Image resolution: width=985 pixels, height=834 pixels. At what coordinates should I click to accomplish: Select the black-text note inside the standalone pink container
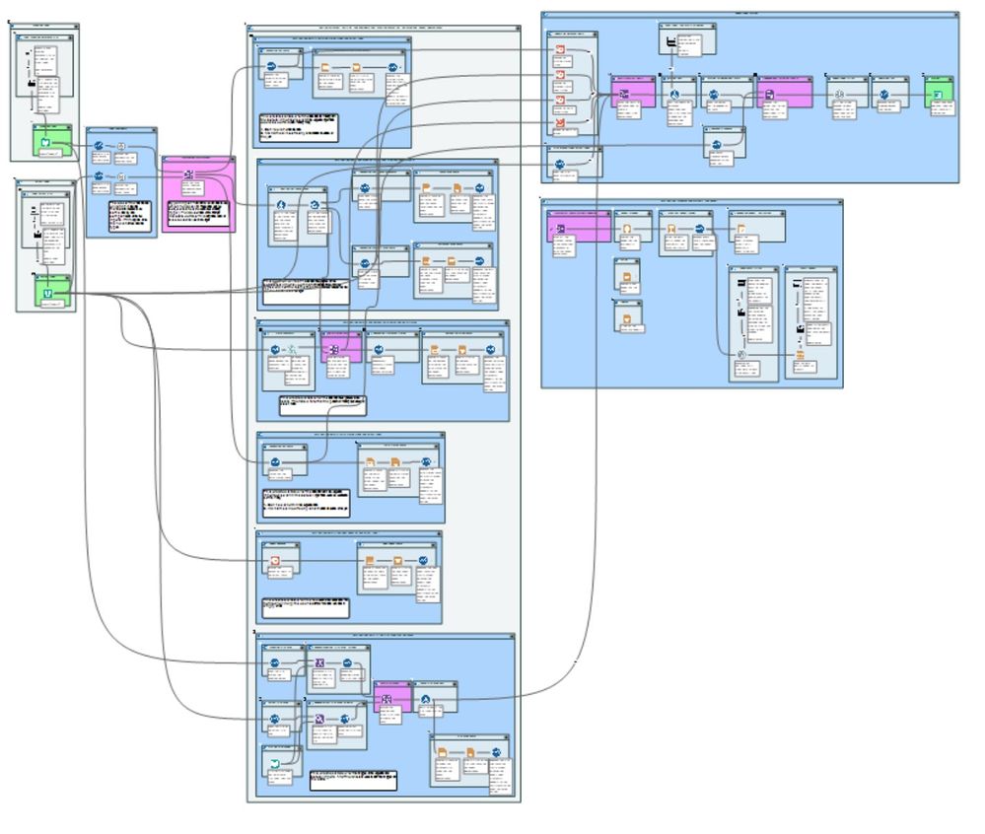(x=198, y=215)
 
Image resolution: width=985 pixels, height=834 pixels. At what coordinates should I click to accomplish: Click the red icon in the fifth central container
(x=276, y=561)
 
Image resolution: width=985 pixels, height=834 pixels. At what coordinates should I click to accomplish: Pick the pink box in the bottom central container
(x=392, y=698)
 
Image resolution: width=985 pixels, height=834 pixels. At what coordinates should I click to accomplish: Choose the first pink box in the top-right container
(x=632, y=93)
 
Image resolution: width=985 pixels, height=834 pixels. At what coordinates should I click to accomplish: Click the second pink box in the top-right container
(x=785, y=93)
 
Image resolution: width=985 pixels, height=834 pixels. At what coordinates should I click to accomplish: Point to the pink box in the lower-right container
(x=579, y=227)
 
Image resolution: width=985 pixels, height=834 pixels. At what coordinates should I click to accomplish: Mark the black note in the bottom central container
(x=353, y=780)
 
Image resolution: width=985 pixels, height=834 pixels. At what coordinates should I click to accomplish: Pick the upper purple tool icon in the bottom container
(x=320, y=663)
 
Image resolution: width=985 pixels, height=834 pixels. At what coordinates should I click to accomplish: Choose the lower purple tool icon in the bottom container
(x=320, y=719)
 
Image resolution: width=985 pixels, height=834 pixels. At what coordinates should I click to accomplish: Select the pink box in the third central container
(x=341, y=350)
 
